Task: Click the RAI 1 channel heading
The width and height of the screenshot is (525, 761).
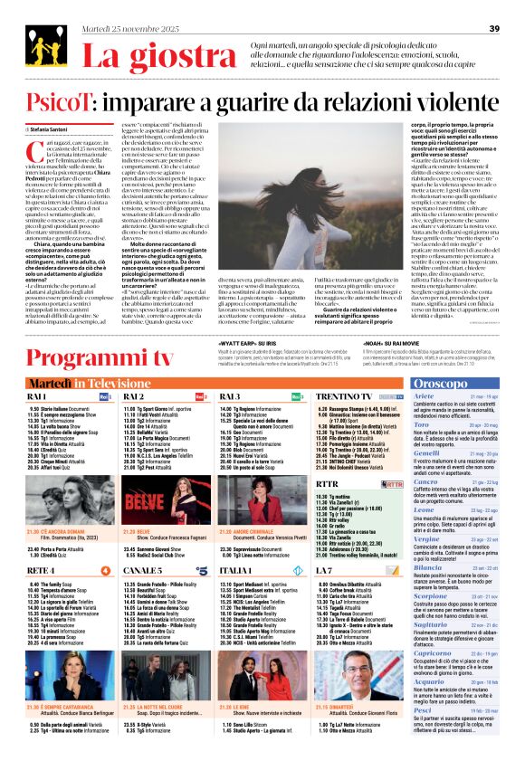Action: pos(37,371)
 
